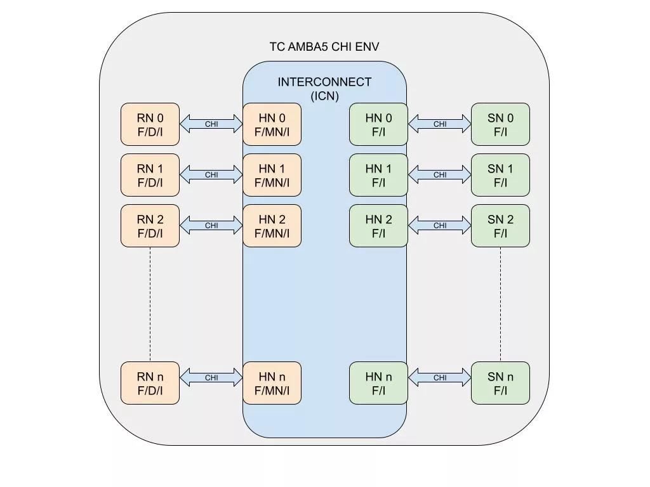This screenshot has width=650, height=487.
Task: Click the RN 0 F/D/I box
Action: [150, 124]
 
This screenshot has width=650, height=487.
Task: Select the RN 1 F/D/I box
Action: [150, 175]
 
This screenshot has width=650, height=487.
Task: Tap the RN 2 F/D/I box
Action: [150, 226]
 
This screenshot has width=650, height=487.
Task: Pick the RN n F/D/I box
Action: [150, 383]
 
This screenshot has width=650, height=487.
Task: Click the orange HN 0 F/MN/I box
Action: [272, 124]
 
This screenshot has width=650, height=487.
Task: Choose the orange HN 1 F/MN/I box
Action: [272, 175]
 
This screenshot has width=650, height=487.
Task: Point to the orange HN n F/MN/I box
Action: [272, 383]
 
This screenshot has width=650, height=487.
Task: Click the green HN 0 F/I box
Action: [378, 124]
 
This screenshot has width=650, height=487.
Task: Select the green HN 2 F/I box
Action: [378, 226]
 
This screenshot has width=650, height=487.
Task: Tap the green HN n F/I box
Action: [378, 383]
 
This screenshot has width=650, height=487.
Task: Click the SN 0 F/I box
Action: [500, 124]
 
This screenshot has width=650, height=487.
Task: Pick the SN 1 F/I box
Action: [500, 175]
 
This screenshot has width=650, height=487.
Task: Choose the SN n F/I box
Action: [500, 383]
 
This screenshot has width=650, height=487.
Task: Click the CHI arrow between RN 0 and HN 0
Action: [211, 124]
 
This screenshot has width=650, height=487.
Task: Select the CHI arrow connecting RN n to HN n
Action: [211, 378]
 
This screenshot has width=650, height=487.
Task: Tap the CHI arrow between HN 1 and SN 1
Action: [440, 175]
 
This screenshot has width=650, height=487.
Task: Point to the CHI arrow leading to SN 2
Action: [440, 226]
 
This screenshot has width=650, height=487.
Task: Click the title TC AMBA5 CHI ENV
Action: [324, 47]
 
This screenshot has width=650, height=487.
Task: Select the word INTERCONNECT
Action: [324, 82]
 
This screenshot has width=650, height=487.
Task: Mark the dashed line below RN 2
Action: [150, 304]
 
